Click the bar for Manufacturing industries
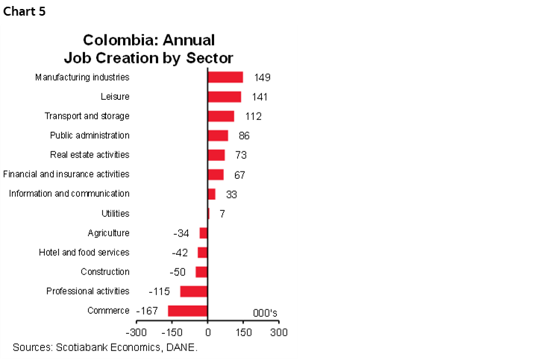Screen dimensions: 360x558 coord(225,77)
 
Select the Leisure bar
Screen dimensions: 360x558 coord(224,97)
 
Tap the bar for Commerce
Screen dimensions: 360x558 coord(188,311)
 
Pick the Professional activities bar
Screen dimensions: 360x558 coord(194,291)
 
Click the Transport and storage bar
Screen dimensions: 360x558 coord(221,116)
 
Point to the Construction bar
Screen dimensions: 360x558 coord(201,272)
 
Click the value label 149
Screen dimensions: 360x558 coord(262,78)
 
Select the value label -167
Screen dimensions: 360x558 coord(147,311)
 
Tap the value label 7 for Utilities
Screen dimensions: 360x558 coord(222,214)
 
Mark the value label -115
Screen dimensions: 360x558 coord(160,291)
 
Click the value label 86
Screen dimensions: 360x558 coord(244,136)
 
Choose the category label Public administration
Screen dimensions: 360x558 coord(90,136)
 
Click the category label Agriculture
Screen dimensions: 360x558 coord(108,233)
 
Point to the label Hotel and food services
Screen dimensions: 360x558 coord(84,253)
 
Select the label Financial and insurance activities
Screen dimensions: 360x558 coord(66,174)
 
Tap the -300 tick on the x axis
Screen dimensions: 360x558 coord(136,332)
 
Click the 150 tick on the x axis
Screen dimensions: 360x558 coord(243,332)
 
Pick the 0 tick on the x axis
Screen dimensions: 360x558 coord(207,332)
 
